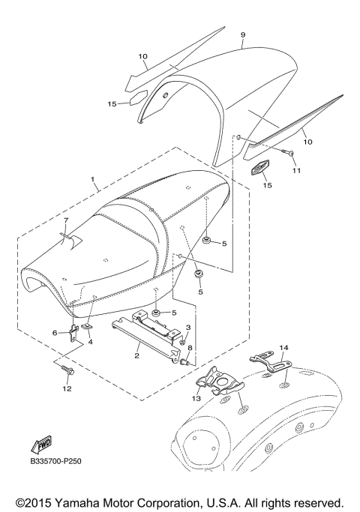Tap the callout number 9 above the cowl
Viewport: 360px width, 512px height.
[242, 34]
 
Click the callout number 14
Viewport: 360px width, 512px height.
[283, 348]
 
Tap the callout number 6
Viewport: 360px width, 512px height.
[54, 332]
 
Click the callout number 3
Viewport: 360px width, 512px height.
[188, 328]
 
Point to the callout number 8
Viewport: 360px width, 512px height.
[190, 348]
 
